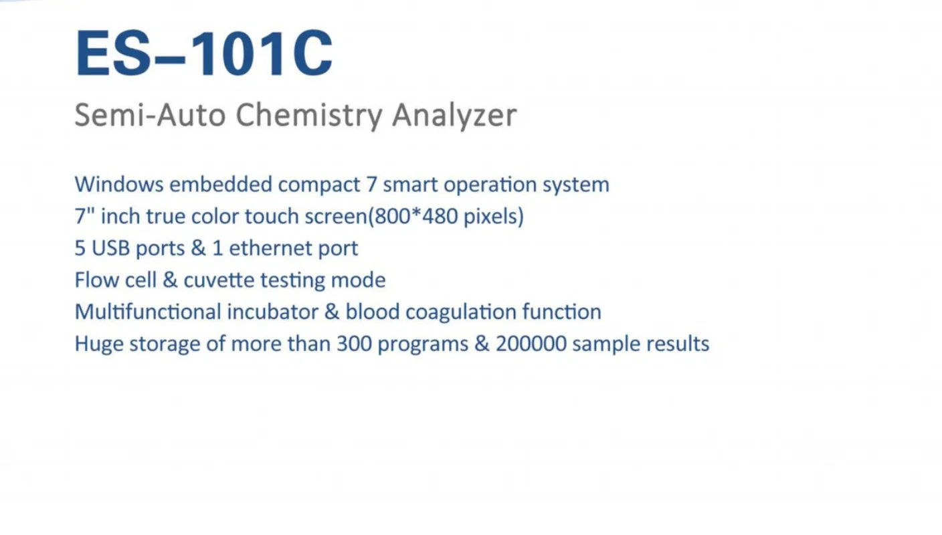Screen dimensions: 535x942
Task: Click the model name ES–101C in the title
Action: point(204,53)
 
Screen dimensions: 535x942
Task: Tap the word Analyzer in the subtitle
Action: point(454,115)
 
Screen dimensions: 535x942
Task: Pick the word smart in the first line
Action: point(409,185)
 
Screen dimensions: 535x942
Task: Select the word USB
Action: point(111,248)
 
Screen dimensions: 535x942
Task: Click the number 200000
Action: point(531,344)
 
